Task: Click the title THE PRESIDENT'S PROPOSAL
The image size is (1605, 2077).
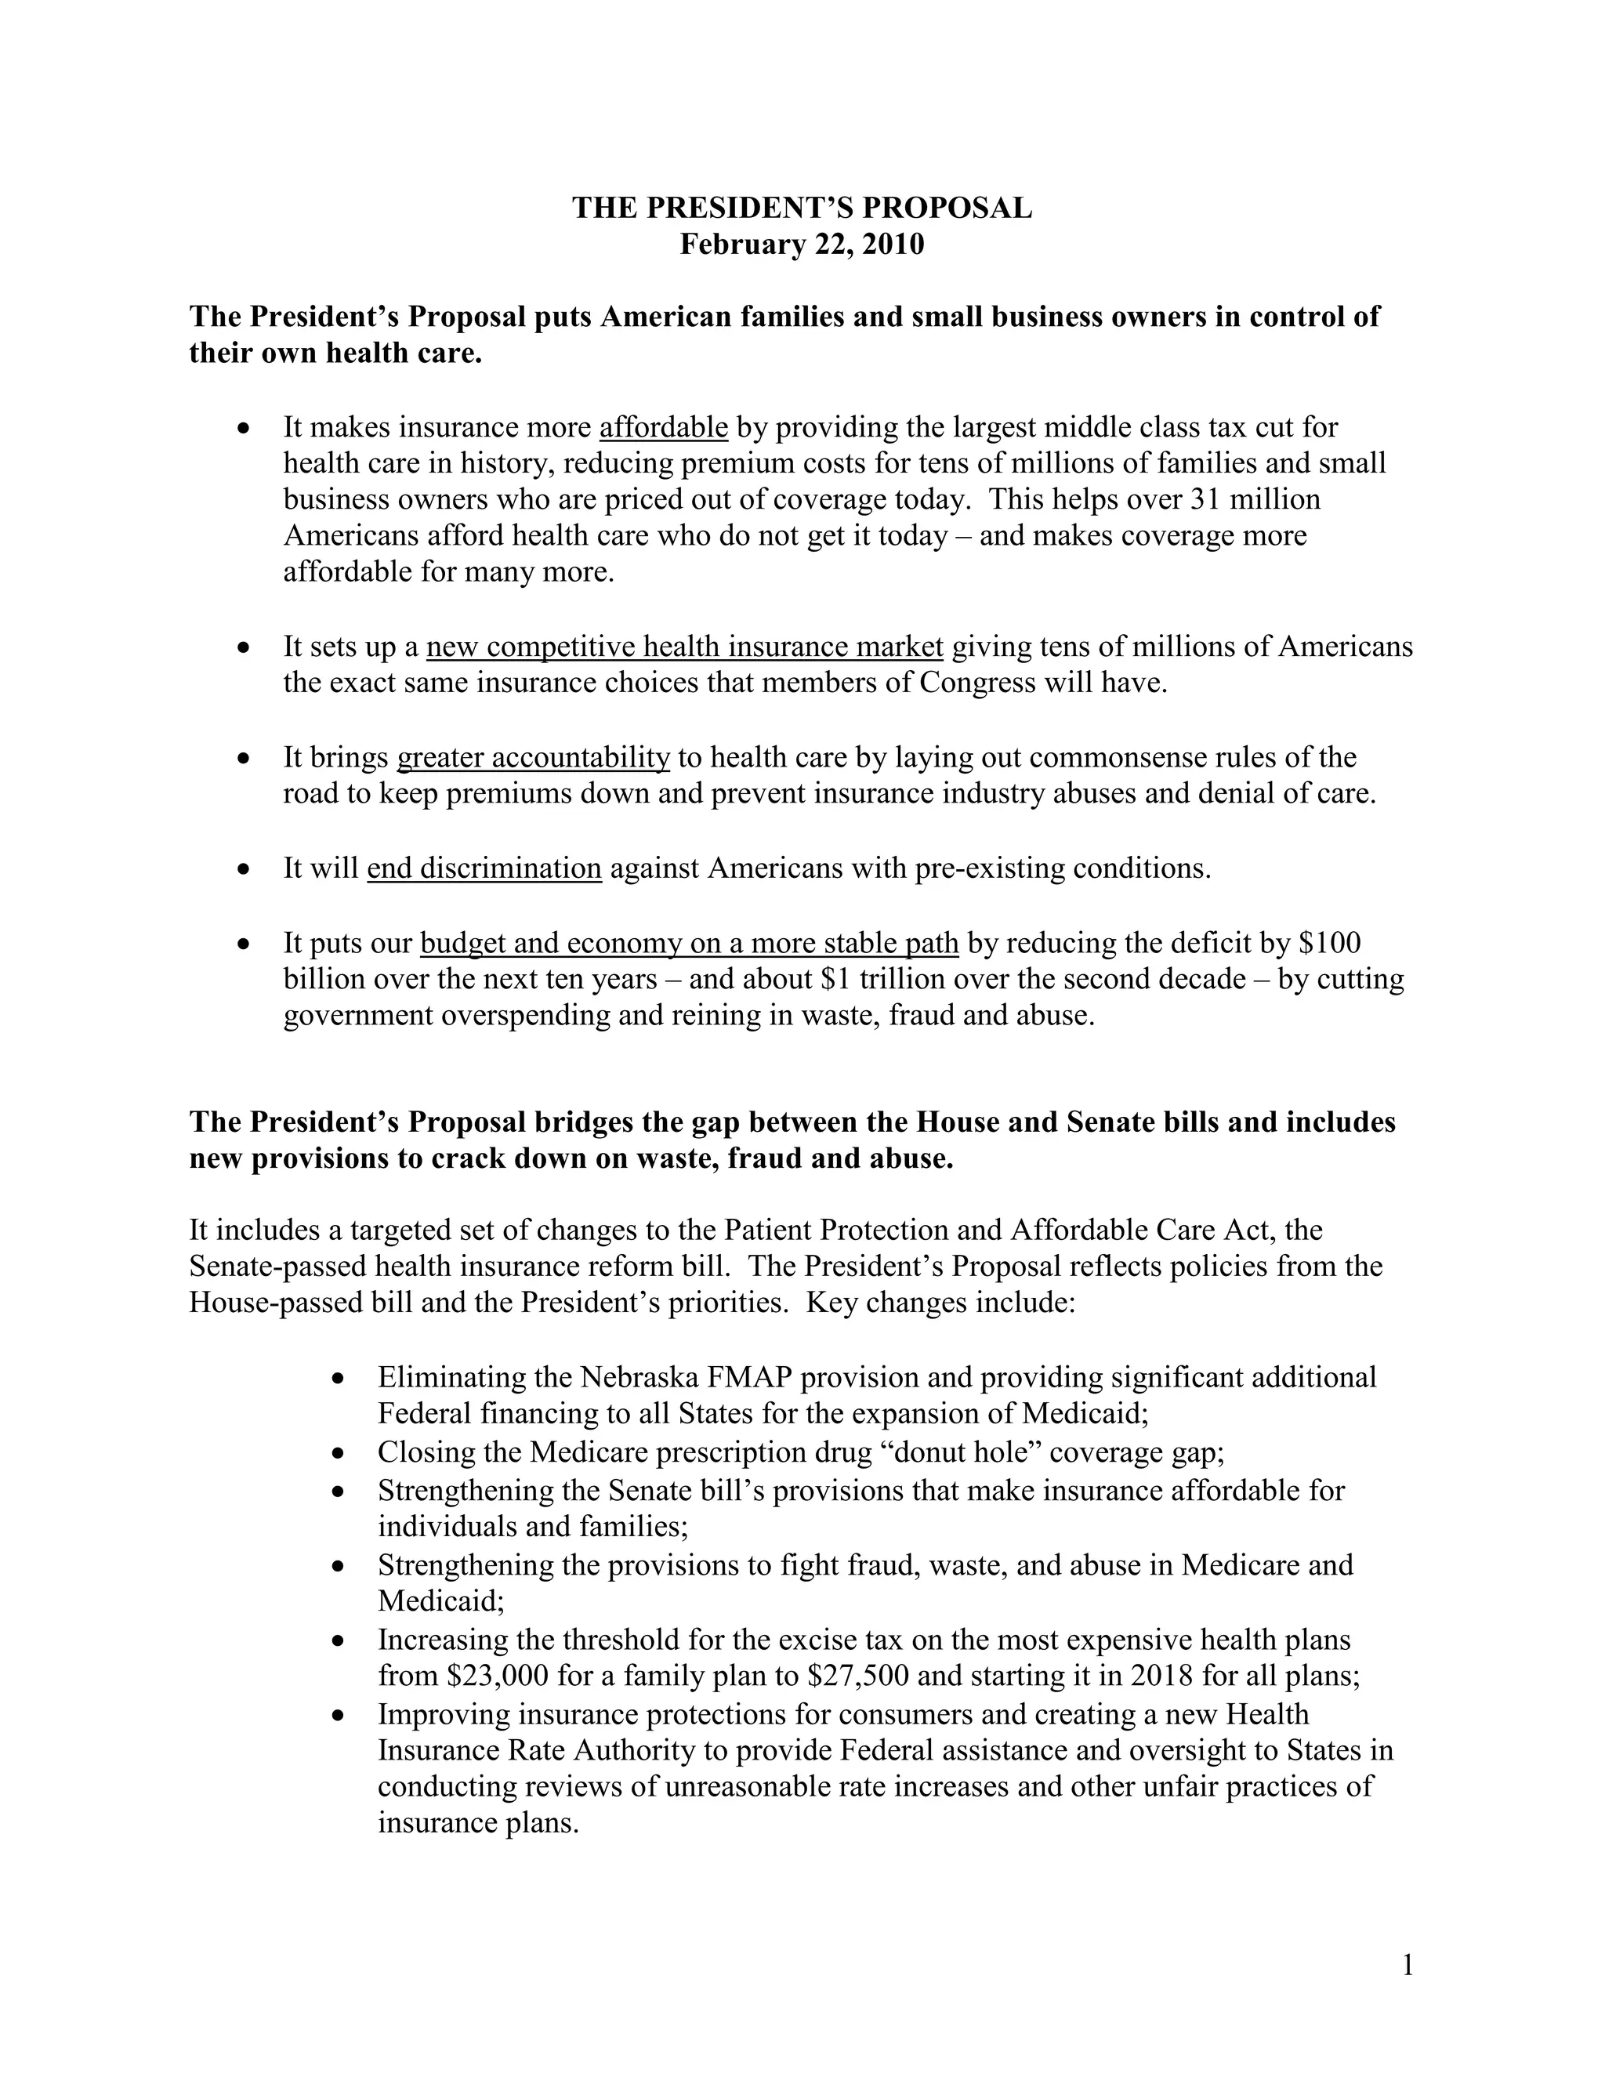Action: (802, 208)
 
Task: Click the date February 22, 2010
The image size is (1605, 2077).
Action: (802, 245)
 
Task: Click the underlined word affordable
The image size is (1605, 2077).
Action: (664, 428)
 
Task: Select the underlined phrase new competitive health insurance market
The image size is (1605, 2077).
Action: (685, 647)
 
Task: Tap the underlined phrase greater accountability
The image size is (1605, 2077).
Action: (534, 757)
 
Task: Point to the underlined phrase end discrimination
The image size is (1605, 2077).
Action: (484, 868)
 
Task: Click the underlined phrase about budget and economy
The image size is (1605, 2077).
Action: (690, 942)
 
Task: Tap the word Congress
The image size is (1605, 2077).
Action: (977, 683)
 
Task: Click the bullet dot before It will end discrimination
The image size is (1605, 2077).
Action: (245, 869)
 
